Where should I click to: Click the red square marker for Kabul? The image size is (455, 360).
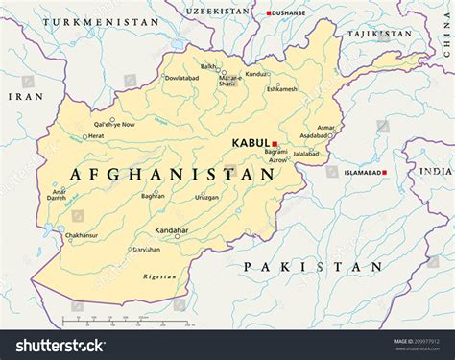(275, 144)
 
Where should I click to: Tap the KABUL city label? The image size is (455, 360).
(251, 144)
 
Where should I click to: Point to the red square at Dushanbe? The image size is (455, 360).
(269, 12)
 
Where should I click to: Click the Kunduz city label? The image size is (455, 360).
(255, 73)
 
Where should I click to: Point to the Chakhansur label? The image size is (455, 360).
(82, 235)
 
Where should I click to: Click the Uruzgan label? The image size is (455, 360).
(206, 197)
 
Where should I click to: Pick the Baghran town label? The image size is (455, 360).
(153, 196)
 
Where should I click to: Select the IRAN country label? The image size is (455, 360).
(25, 96)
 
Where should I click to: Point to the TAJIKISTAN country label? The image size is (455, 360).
(380, 34)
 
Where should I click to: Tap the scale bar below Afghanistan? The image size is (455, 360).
(106, 319)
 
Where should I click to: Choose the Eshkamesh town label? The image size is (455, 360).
(281, 89)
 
